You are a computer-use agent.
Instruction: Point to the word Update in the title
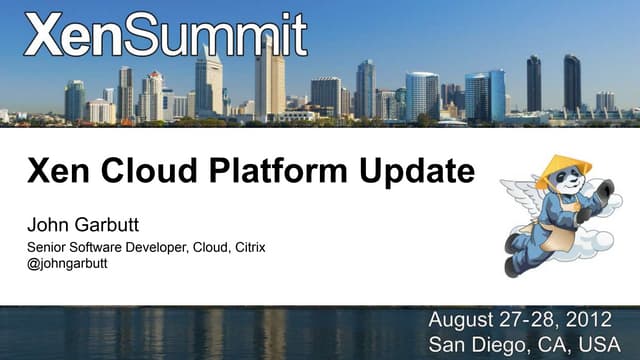pos(412,173)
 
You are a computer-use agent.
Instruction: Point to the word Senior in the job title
pos(45,247)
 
